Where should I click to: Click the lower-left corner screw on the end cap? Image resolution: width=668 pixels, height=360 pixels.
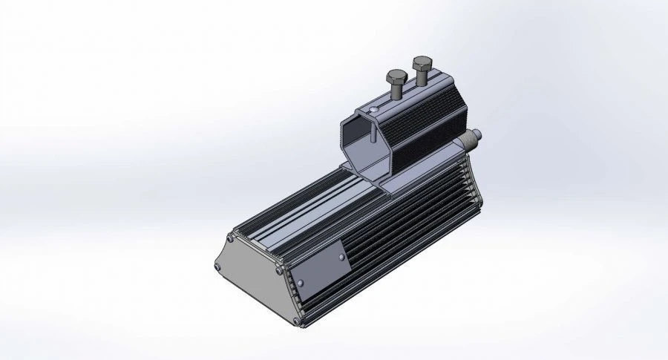click(216, 268)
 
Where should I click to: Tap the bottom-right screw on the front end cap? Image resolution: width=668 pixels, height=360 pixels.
click(297, 321)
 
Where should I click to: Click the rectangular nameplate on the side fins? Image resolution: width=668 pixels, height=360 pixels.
click(319, 270)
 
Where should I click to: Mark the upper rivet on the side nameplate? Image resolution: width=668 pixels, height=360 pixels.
click(341, 258)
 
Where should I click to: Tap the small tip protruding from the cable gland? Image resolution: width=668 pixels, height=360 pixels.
click(479, 134)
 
